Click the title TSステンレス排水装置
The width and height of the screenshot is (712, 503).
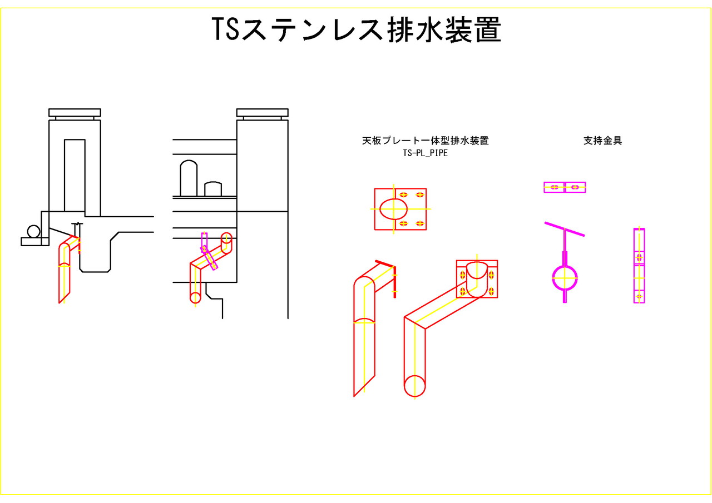[x=357, y=29]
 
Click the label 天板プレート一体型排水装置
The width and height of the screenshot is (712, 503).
[x=426, y=141]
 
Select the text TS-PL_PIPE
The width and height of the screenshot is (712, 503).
[x=426, y=153]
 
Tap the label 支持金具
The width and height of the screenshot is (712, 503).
[x=602, y=141]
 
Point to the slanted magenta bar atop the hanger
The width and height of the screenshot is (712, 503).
[x=565, y=229]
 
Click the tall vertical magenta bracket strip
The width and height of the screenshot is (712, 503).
[x=639, y=265]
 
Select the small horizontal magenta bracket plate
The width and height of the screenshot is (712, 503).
[x=565, y=187]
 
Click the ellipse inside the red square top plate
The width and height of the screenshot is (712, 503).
[x=393, y=208]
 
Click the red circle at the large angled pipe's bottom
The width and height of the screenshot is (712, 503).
[x=414, y=386]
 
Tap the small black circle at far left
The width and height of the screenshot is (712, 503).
[x=34, y=231]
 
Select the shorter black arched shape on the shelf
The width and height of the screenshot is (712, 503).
[x=213, y=189]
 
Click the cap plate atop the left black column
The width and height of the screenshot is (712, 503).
[x=75, y=113]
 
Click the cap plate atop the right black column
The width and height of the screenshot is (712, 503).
[x=263, y=113]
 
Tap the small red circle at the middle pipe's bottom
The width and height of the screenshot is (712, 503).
[x=195, y=297]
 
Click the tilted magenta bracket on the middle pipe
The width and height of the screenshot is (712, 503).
[x=209, y=251]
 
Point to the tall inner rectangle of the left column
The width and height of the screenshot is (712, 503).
[x=75, y=175]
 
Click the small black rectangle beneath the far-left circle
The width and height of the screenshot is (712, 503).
[x=31, y=241]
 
